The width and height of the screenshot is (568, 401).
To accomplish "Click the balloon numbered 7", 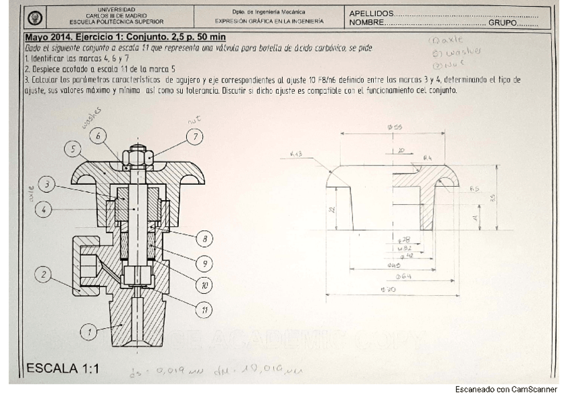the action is [196, 137].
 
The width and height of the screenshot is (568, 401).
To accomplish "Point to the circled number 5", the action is [73, 149].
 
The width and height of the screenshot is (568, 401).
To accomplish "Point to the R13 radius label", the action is [296, 155].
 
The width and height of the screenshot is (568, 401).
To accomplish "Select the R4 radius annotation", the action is [427, 158].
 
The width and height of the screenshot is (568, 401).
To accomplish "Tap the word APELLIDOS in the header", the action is [371, 13].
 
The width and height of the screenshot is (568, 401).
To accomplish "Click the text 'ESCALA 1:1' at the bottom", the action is [62, 369].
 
